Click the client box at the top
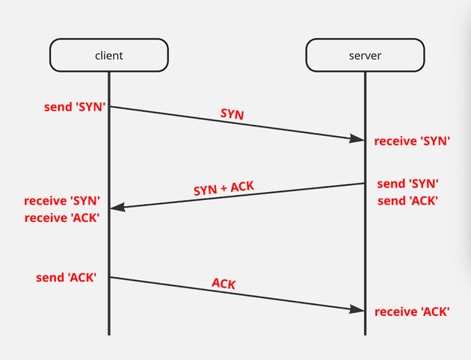108,55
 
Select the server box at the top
365,55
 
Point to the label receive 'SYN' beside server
412,140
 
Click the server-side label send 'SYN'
407,184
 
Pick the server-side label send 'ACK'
407,200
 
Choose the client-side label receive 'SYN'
62,201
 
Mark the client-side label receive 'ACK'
62,217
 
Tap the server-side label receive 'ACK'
412,311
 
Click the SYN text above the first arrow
233,114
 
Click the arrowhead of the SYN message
357,138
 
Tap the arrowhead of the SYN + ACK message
117,208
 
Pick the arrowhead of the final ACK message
357,309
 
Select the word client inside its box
108,55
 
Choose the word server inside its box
365,55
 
